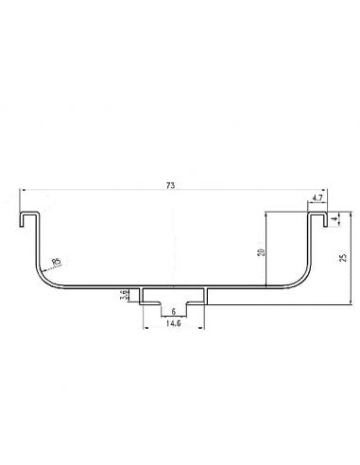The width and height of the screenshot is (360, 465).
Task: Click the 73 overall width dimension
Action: point(170,185)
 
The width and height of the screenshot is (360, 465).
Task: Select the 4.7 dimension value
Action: point(317,198)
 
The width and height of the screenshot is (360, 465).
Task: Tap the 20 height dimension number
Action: point(261,252)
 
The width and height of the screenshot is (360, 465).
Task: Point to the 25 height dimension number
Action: point(344,257)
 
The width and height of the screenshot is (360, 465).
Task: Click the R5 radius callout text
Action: point(57,261)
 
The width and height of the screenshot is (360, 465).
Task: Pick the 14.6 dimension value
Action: point(174,323)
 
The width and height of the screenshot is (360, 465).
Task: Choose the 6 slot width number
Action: point(174,312)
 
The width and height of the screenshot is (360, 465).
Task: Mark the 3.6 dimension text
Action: point(125,295)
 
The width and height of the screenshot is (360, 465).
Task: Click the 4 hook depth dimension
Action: point(335,218)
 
